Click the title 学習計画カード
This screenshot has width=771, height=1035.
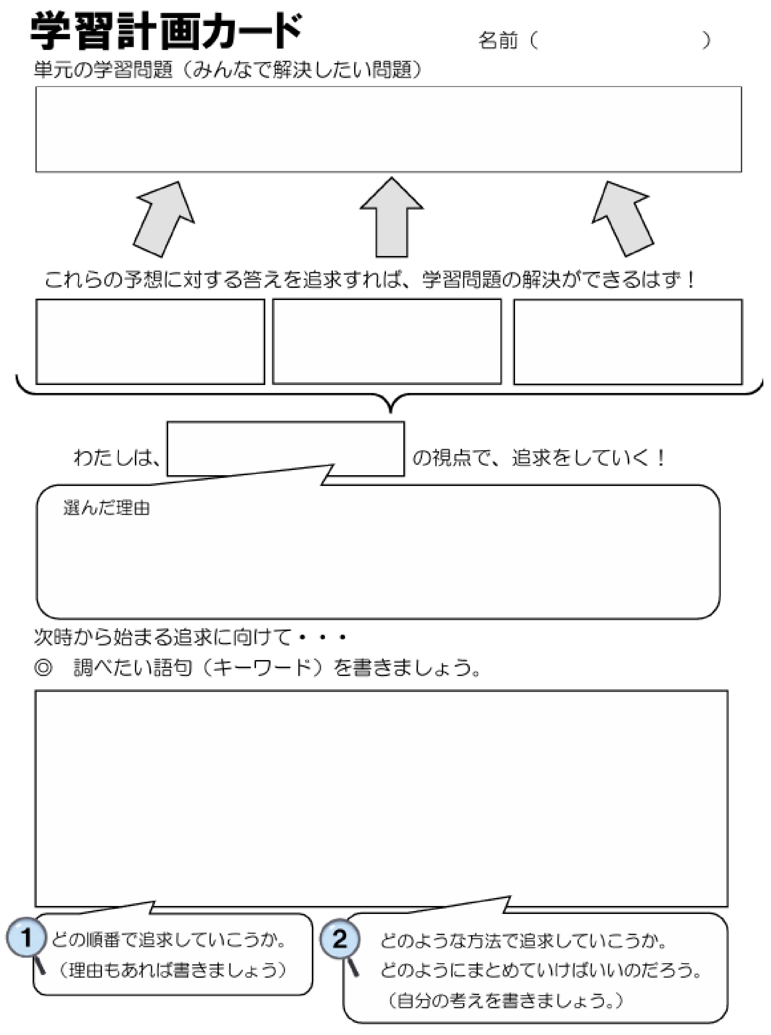[166, 32]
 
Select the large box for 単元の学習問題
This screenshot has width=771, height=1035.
[388, 129]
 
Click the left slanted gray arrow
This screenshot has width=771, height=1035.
[163, 219]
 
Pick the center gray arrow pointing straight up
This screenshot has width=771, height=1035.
[392, 217]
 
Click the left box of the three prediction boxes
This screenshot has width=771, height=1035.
[150, 342]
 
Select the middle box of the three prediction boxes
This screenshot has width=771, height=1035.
[387, 342]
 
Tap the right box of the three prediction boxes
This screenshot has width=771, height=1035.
[628, 342]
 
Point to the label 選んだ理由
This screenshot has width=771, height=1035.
[106, 508]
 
